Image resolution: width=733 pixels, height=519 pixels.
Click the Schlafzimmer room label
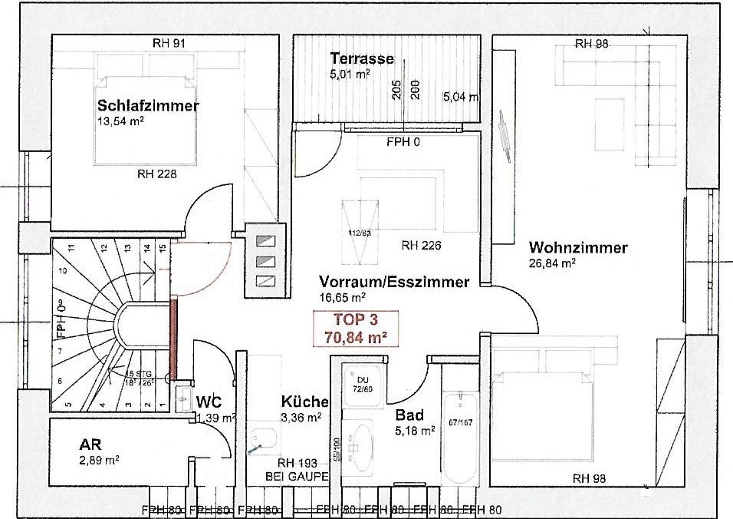(x=147, y=106)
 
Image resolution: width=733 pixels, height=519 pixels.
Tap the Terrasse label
(x=362, y=58)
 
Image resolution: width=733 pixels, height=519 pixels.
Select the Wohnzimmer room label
(x=578, y=248)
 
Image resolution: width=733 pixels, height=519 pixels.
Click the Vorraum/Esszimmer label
(x=393, y=282)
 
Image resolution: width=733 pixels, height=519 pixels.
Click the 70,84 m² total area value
(x=355, y=335)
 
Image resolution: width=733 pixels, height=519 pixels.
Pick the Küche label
(x=304, y=402)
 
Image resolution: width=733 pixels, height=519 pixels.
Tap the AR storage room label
(x=90, y=445)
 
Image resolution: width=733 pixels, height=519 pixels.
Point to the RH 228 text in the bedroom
(x=156, y=174)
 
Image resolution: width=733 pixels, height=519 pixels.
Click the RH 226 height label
(x=420, y=246)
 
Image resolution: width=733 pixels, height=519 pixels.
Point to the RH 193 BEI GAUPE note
(x=297, y=470)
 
